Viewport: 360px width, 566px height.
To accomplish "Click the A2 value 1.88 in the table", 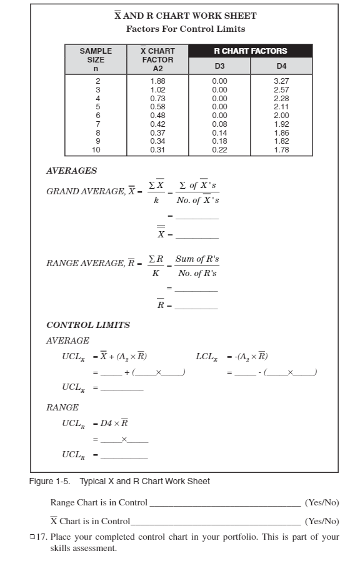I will tap(157, 81).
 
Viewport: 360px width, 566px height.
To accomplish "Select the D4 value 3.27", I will tap(281, 81).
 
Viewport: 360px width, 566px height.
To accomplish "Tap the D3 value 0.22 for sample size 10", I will tap(219, 150).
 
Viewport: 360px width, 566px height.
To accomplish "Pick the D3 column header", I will tap(219, 66).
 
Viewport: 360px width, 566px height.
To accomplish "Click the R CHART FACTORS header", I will tap(250, 51).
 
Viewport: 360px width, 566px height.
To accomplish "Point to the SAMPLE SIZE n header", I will tap(96, 60).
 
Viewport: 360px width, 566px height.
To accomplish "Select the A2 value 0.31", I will tap(157, 150).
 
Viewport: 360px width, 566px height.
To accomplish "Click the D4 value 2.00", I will tap(281, 116).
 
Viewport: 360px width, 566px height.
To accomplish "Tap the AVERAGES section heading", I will tap(71, 171).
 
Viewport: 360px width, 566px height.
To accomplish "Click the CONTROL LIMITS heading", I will tap(88, 325).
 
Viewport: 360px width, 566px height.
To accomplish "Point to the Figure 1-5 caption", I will tap(119, 481).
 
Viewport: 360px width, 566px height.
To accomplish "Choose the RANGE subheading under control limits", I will tap(62, 407).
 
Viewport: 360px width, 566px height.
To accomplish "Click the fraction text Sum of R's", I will tap(197, 259).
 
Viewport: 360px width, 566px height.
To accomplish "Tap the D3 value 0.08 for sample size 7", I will tap(219, 124).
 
